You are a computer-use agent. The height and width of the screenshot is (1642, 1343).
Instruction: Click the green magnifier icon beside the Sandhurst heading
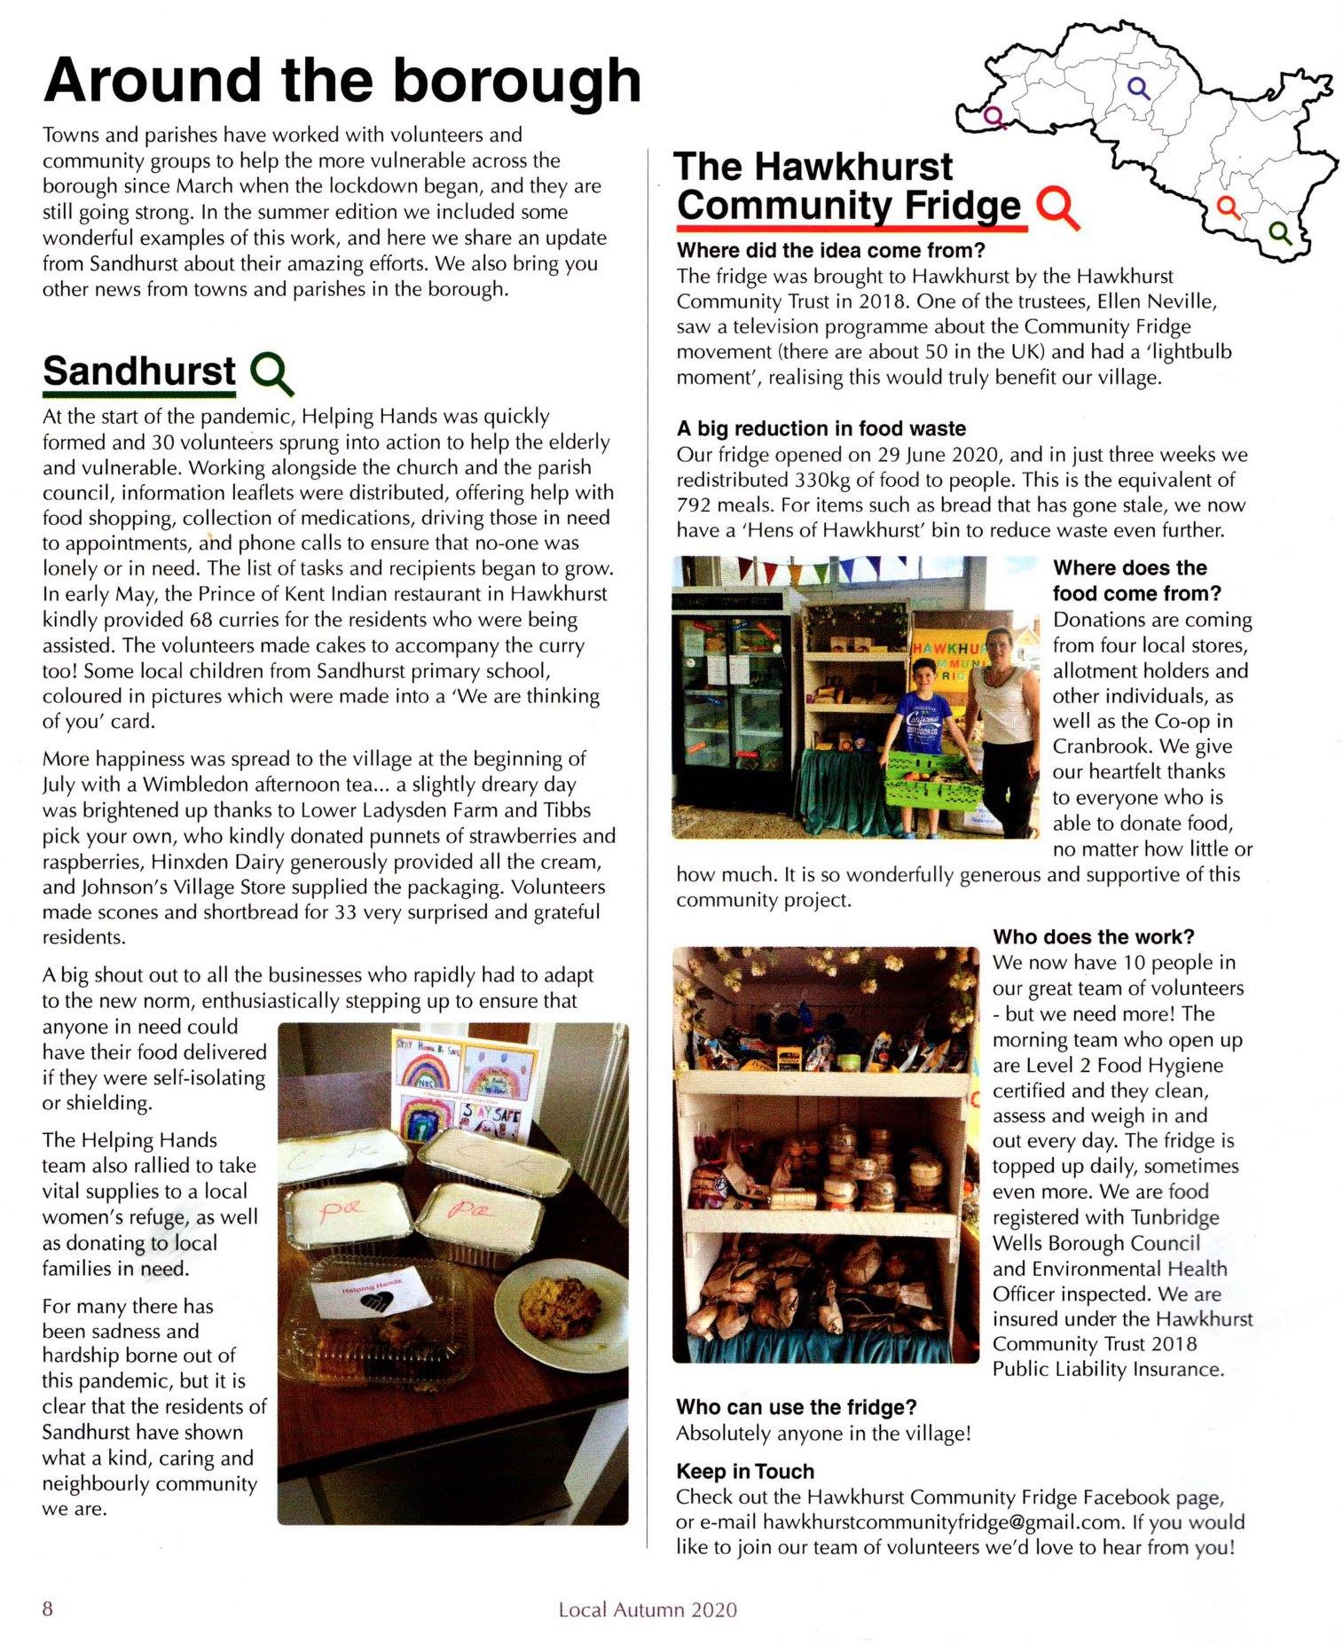click(271, 372)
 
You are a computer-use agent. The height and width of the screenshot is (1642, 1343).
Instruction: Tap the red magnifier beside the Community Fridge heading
click(1056, 207)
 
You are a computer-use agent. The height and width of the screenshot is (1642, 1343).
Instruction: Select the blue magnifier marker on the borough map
click(1137, 87)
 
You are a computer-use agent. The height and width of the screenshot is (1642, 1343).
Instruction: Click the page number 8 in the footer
click(48, 1607)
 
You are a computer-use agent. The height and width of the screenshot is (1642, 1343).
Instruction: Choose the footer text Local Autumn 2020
click(648, 1608)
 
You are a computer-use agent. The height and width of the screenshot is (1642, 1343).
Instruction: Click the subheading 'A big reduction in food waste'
click(821, 429)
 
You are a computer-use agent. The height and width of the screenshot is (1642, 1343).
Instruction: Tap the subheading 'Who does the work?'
click(1093, 937)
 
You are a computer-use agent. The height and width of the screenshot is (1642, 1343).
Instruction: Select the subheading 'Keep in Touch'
click(744, 1472)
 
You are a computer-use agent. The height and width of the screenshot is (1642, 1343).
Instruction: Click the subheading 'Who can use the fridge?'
click(796, 1407)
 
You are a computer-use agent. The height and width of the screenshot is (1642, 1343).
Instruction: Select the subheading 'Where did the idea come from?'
click(830, 251)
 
